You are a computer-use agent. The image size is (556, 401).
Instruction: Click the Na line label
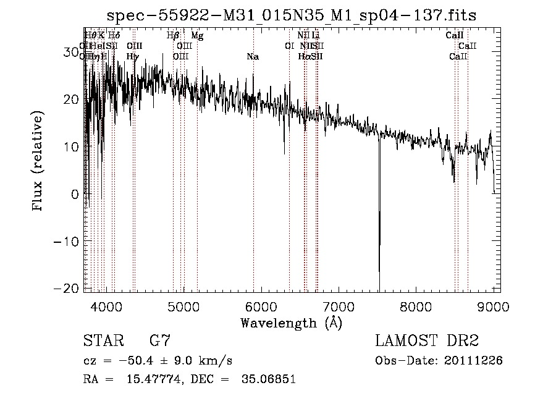tap(252, 57)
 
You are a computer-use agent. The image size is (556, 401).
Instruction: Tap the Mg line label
tap(197, 36)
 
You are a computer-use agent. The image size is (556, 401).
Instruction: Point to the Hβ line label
tap(173, 36)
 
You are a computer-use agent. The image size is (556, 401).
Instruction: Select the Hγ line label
tap(132, 57)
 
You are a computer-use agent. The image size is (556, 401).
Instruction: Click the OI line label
tap(289, 46)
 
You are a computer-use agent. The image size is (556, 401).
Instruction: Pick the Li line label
tap(316, 36)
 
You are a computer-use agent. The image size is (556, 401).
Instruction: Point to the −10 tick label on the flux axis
tap(65, 242)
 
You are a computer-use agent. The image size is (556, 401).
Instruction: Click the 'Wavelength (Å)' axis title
tap(291, 323)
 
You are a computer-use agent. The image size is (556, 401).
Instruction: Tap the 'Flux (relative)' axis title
tap(39, 161)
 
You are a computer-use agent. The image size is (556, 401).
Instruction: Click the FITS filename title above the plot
tap(291, 15)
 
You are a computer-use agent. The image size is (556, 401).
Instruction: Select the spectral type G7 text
tap(160, 341)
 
